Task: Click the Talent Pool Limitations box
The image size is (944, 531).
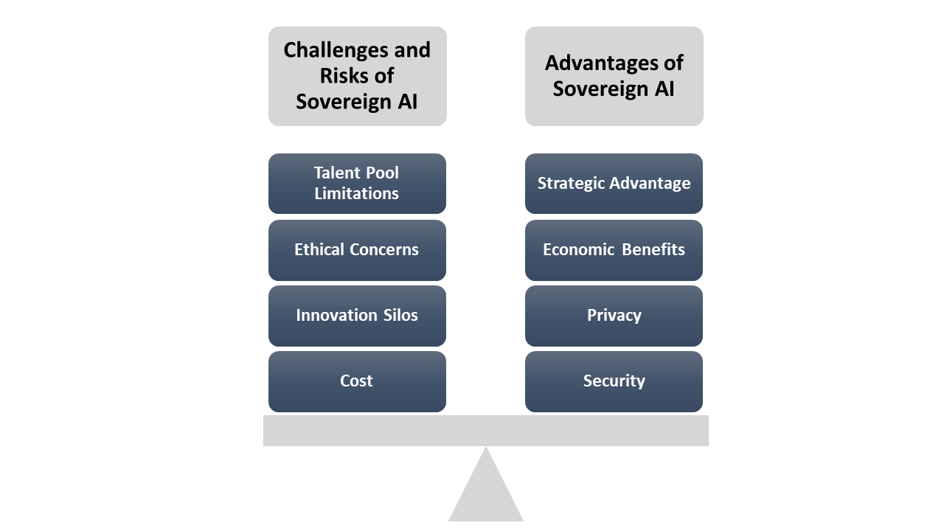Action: point(357,184)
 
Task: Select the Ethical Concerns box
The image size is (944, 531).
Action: point(357,250)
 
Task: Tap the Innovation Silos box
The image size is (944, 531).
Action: point(357,316)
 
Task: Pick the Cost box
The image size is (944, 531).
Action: point(357,381)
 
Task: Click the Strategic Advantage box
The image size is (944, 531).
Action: point(614,184)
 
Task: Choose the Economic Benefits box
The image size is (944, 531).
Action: point(614,250)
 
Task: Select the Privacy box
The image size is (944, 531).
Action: point(614,316)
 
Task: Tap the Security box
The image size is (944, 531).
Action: point(614,381)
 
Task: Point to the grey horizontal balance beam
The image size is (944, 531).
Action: point(486,431)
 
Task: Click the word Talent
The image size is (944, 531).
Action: point(336,173)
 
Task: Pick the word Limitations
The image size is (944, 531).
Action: point(357,194)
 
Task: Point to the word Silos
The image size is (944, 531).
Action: point(399,316)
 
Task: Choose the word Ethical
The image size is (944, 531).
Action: point(319,250)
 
